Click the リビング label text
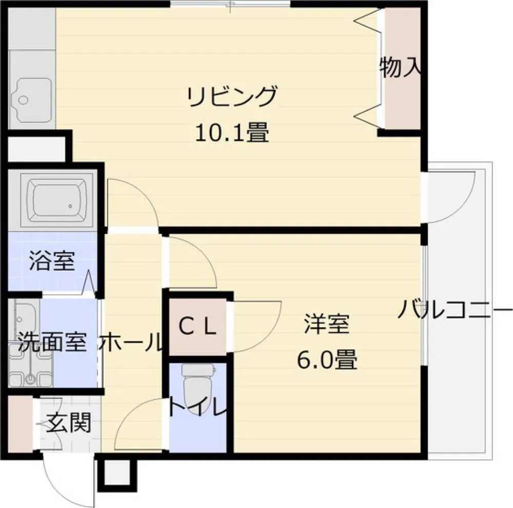click(x=232, y=97)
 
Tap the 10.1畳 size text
click(x=232, y=133)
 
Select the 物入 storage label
click(x=400, y=67)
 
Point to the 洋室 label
click(x=326, y=324)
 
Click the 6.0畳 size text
click(x=327, y=360)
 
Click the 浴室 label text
click(x=52, y=260)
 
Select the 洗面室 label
click(x=52, y=342)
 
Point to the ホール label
click(x=131, y=342)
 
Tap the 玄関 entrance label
click(x=68, y=423)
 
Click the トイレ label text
click(x=198, y=406)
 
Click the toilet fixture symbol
click(x=198, y=385)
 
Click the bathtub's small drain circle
click(x=70, y=206)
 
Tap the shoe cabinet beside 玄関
click(x=20, y=424)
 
